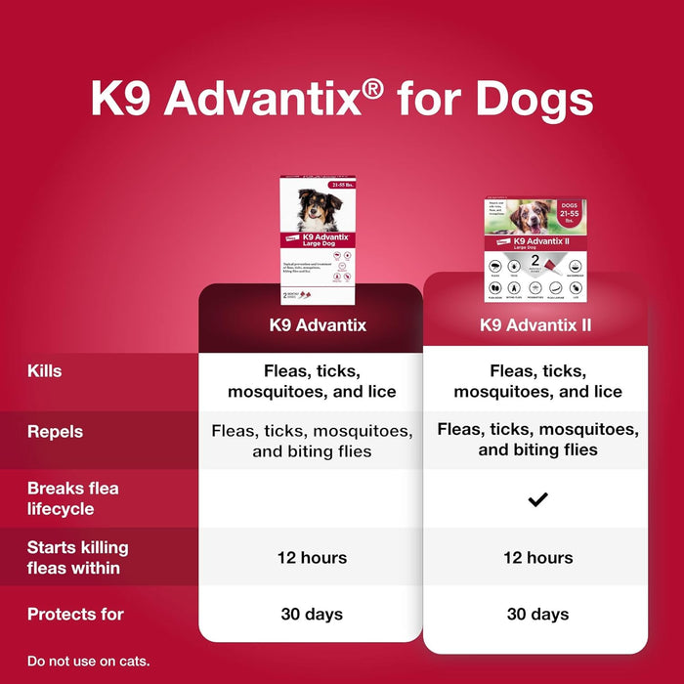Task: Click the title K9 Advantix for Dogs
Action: point(341,100)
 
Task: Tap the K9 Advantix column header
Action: point(317,325)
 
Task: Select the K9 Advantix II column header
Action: point(536,325)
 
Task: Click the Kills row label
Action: point(45,371)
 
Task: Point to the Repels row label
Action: point(55,431)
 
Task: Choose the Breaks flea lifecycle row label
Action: point(73,498)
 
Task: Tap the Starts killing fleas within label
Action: point(78,557)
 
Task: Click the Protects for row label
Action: point(76,615)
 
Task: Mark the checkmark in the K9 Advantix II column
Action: point(537,499)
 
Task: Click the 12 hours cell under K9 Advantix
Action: point(311,558)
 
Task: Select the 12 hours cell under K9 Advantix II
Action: point(536,558)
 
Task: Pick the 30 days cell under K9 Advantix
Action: point(311,615)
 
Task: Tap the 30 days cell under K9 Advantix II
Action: point(536,615)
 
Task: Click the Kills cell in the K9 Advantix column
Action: point(311,381)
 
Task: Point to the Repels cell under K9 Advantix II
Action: point(537,440)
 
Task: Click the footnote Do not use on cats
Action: point(89,662)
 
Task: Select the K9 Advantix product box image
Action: point(318,240)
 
